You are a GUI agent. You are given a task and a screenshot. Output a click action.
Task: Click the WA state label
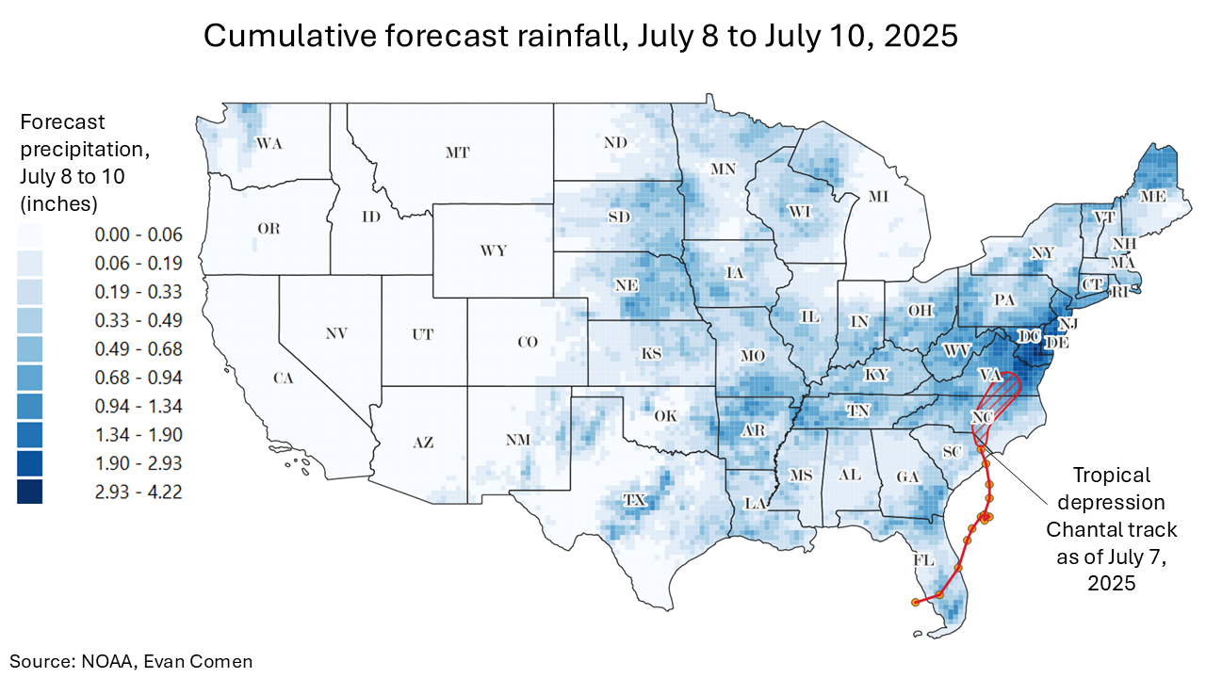point(269,144)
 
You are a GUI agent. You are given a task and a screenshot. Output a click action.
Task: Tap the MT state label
point(457,152)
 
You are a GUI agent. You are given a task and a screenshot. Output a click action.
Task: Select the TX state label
point(634,501)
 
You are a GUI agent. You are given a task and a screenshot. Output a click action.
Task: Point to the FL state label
point(923,560)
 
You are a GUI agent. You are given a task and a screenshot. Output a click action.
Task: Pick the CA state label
point(284,379)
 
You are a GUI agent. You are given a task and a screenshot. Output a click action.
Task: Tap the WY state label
point(493,251)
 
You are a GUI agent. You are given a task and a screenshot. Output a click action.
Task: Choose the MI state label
point(878,197)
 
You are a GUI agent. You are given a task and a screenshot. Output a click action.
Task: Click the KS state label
point(651,355)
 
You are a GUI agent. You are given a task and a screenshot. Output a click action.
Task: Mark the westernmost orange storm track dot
point(915,602)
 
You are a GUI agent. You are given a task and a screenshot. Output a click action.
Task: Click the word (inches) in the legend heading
point(59,203)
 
